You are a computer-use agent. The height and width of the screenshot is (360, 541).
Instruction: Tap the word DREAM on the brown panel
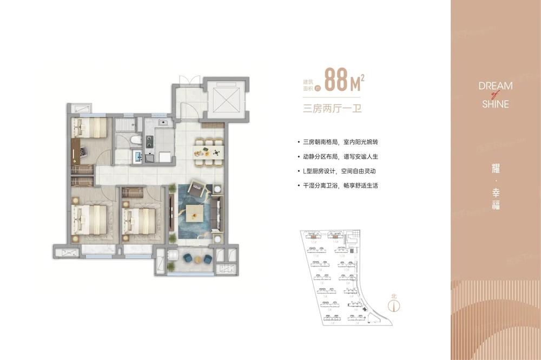pos(496,85)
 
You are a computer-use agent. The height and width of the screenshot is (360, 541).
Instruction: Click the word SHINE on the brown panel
pos(496,104)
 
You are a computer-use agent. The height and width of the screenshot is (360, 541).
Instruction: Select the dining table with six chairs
pos(208,152)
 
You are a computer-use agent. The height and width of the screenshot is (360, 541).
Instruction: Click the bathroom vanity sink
pos(137,157)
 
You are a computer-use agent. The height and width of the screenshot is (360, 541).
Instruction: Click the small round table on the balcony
pos(197,259)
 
